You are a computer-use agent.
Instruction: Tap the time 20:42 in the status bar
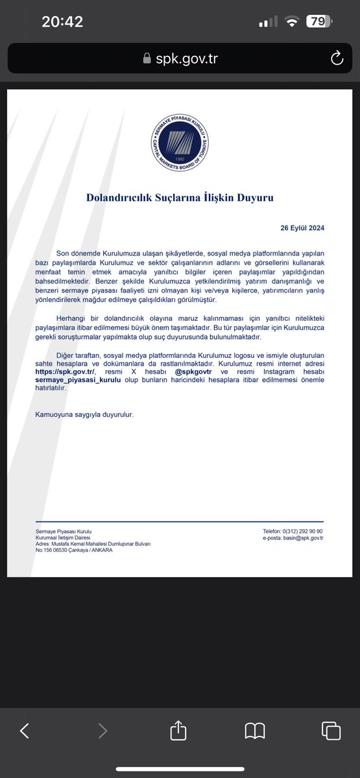[62, 21]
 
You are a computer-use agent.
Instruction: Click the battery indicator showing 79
[318, 21]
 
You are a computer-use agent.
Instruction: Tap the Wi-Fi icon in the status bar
[291, 21]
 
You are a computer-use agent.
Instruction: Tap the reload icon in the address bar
[337, 58]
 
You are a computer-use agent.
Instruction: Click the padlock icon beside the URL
[147, 58]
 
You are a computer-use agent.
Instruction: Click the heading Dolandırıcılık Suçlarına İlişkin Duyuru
[180, 197]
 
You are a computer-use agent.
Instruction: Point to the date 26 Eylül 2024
[302, 228]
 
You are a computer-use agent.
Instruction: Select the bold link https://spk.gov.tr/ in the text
[65, 373]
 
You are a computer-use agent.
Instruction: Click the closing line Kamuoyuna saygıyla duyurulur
[84, 414]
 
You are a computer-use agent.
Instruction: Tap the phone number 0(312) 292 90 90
[300, 531]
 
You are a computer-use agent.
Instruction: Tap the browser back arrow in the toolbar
[25, 731]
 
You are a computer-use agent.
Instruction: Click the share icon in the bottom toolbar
[178, 731]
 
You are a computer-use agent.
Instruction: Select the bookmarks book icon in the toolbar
[255, 731]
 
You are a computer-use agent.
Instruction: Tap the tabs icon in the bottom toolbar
[331, 731]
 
